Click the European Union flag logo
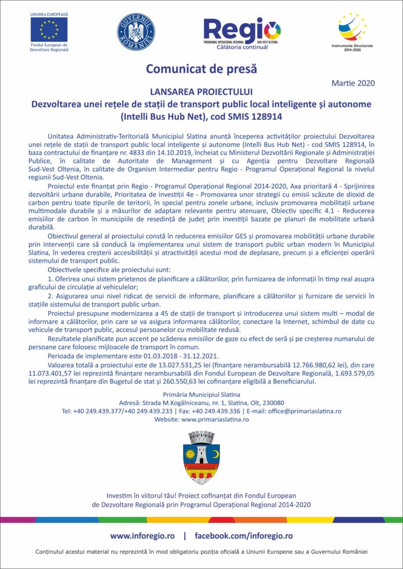[49, 28]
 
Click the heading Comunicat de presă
[201, 69]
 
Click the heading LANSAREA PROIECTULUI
[201, 91]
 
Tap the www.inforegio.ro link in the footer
[142, 536]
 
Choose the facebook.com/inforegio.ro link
[243, 536]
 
